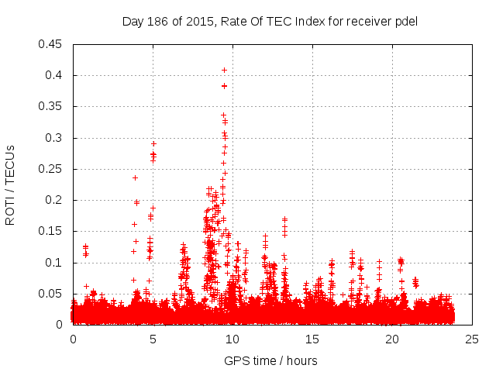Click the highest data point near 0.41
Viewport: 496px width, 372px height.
pos(224,70)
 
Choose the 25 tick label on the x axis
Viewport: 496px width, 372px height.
pos(472,339)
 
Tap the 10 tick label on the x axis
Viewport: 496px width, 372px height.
pos(232,339)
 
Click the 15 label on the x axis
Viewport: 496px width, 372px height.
pos(312,339)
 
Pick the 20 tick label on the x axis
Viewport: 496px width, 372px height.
pos(392,339)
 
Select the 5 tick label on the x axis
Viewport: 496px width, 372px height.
pos(153,339)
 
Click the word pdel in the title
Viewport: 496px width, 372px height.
pos(406,21)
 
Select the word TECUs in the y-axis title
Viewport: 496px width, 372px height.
pos(10,164)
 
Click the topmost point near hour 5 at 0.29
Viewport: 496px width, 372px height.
pos(153,143)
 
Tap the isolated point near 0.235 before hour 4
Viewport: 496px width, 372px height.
pos(135,177)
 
